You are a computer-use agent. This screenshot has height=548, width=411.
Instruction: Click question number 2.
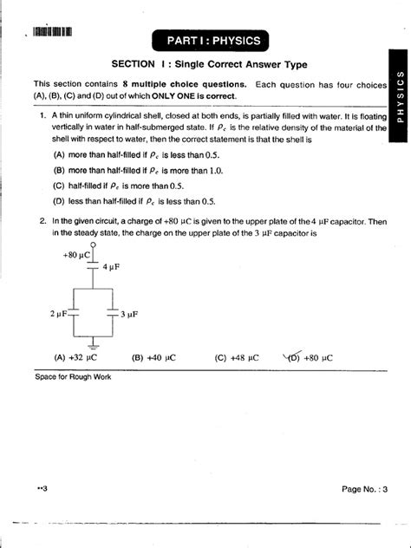click(42, 221)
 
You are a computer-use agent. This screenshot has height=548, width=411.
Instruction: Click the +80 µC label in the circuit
click(76, 256)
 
